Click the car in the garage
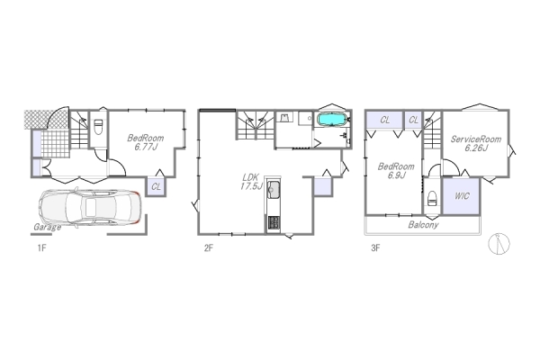click(89, 207)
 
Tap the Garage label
click(48, 227)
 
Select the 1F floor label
click(41, 247)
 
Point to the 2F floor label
click(209, 247)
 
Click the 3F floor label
click(375, 247)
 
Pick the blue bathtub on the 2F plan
click(331, 119)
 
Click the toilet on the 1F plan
click(98, 127)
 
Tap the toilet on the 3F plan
click(432, 198)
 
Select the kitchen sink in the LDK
click(274, 188)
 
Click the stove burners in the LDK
click(274, 223)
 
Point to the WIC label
click(462, 196)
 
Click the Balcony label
click(423, 225)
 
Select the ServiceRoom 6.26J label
click(476, 144)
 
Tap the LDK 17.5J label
click(251, 182)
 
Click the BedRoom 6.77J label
click(145, 142)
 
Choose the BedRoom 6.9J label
click(396, 171)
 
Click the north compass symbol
click(499, 244)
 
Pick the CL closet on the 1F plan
click(157, 186)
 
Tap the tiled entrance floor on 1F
click(56, 144)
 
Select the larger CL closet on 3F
click(384, 120)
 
